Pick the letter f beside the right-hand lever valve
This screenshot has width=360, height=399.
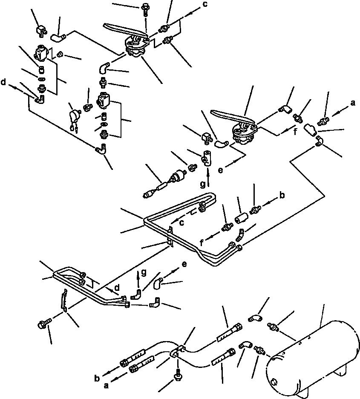coord(295,132)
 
